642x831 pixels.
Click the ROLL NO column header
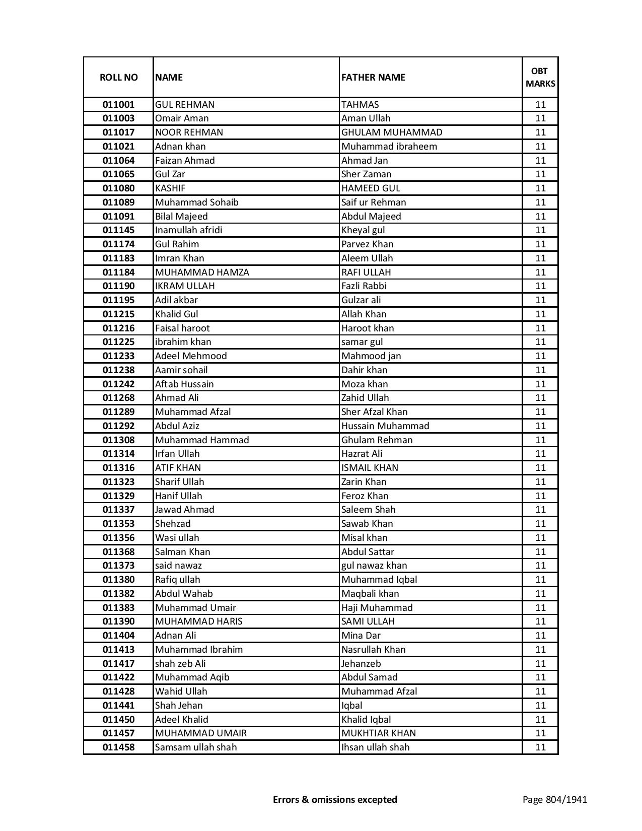[x=118, y=77]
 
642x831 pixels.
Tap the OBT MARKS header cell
[x=540, y=77]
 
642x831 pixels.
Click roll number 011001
[x=118, y=105]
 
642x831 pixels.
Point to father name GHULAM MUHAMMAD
[x=392, y=132]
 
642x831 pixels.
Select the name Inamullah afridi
[x=189, y=230]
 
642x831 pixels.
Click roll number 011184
[x=118, y=272]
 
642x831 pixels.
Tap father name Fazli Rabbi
[x=364, y=286]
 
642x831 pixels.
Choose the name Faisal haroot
[x=182, y=328]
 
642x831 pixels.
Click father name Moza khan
[x=365, y=384]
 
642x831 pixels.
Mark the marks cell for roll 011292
[x=540, y=426]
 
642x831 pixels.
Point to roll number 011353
[x=118, y=524]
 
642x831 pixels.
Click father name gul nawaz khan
[x=374, y=566]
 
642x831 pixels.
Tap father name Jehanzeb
[x=361, y=664]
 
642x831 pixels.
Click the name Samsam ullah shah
[x=196, y=747]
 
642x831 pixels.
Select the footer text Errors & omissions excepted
[x=335, y=799]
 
